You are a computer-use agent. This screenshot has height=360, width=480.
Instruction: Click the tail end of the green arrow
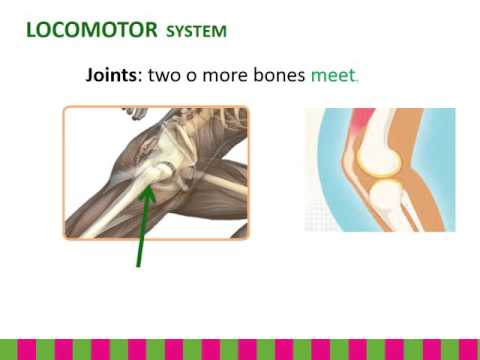click(138, 265)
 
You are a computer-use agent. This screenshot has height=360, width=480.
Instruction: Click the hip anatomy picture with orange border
click(155, 172)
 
